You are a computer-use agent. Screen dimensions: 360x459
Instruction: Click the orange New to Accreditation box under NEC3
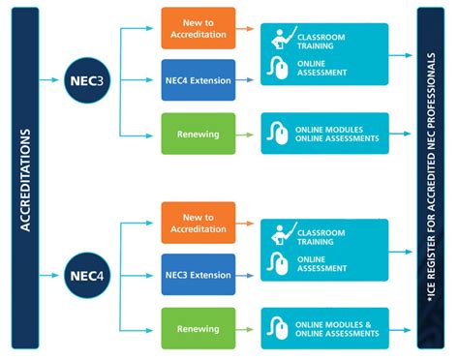[198, 29]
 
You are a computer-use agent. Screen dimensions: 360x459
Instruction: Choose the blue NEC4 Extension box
[198, 80]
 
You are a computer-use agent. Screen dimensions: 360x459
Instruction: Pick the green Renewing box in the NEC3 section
[198, 134]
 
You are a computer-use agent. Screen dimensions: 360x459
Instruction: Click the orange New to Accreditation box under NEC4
[198, 223]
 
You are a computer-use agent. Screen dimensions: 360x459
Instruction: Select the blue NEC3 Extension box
[198, 275]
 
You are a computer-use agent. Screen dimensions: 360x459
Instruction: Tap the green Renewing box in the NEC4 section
[198, 328]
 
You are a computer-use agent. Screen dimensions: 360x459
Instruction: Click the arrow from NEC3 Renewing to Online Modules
[246, 134]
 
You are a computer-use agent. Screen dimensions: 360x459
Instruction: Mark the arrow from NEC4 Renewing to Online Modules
[246, 328]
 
